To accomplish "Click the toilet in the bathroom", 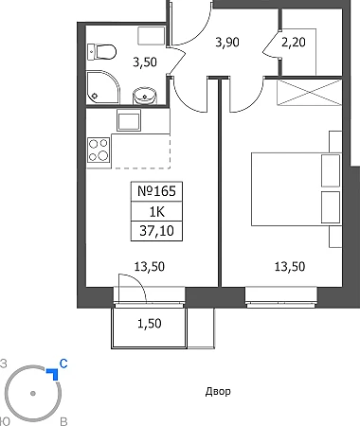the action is [x=101, y=52].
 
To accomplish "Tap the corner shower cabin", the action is [x=103, y=87].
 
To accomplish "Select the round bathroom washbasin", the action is [x=145, y=96].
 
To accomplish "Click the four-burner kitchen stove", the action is [x=99, y=150].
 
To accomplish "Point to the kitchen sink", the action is [x=129, y=120].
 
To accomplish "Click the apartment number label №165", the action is [x=156, y=191].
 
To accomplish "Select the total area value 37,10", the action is [x=156, y=231].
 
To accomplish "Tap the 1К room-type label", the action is [x=157, y=212].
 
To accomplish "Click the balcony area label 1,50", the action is [x=150, y=324].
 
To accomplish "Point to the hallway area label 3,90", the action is [x=227, y=42].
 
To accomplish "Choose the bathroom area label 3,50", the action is [x=145, y=62].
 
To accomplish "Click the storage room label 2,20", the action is [x=294, y=42].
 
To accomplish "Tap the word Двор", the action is [x=218, y=392].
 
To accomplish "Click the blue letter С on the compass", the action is [x=63, y=364].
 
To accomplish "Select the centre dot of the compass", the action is [x=33, y=394].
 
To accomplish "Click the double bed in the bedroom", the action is [x=297, y=189].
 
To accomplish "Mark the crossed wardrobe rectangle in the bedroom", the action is [x=309, y=92].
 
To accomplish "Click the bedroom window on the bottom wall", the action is [x=281, y=297].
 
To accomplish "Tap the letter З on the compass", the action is [x=4, y=364].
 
